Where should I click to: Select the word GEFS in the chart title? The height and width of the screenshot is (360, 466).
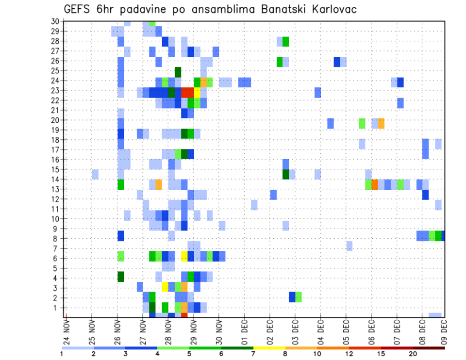coord(78,9)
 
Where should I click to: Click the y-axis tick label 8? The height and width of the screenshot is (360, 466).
coord(56,238)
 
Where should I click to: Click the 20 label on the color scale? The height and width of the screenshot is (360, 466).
coord(413,354)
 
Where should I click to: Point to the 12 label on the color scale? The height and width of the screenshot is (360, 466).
coord(349,354)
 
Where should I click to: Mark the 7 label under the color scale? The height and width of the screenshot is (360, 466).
coord(253,354)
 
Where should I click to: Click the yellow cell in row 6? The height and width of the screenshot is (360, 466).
coord(184,256)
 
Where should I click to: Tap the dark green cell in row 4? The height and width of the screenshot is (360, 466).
coord(121,277)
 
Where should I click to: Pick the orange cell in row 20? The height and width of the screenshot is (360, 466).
coord(381,123)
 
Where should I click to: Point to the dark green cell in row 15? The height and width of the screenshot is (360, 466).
coord(285,174)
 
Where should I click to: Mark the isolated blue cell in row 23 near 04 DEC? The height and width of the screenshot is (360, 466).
coord(317,92)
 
